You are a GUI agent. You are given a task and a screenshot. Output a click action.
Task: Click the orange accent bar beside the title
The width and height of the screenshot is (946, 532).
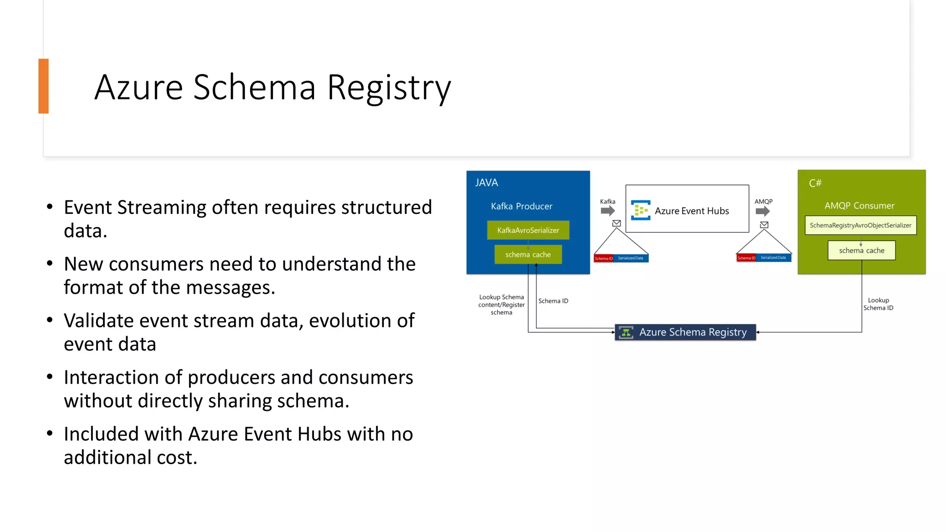[43, 86]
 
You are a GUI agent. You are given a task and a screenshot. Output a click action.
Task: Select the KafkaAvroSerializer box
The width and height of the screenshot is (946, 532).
[528, 230]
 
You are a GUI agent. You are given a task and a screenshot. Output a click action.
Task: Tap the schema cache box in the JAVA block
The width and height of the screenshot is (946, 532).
[528, 254]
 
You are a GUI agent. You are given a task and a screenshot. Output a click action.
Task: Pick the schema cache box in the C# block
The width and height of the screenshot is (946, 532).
[861, 250]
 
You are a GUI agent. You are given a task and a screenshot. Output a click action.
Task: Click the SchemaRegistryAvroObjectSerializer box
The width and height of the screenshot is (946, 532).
[860, 225]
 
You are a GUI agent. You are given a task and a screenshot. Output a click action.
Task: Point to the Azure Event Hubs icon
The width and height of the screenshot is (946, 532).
[641, 210]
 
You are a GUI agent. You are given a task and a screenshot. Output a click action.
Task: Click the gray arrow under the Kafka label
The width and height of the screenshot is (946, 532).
[608, 211]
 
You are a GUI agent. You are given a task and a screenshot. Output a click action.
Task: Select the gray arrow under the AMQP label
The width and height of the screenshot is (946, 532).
[763, 211]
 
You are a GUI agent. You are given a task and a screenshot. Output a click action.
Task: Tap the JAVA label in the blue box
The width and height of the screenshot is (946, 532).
[486, 183]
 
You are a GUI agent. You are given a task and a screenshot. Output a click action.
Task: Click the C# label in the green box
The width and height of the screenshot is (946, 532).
[815, 183]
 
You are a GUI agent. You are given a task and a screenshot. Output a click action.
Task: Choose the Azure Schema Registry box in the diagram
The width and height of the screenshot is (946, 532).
[685, 332]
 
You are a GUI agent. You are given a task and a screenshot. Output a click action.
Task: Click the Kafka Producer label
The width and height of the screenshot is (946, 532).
[521, 206]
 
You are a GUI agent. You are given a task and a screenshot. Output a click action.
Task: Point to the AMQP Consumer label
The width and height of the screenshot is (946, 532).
[859, 206]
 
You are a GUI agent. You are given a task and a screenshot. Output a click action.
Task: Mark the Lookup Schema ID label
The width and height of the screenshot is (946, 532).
[878, 304]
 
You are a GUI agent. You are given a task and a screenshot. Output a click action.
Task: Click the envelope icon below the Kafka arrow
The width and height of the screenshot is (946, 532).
[616, 224]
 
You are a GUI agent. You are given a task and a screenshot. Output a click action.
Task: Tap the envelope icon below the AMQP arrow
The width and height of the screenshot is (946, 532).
[764, 225]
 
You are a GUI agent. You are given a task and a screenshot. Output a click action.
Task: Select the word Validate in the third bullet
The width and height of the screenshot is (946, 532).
[100, 321]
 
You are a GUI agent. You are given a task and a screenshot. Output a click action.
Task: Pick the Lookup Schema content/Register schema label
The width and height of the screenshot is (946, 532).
[501, 305]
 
